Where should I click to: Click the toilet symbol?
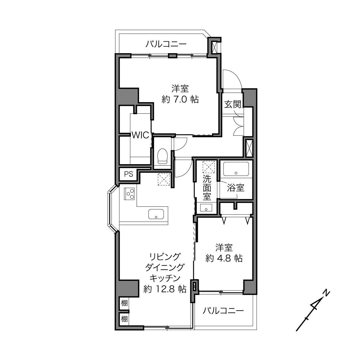(x=162, y=156)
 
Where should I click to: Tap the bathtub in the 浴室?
(x=236, y=169)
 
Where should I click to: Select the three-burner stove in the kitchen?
(x=129, y=194)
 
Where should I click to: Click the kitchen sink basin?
(x=156, y=214)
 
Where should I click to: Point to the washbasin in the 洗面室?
(x=206, y=207)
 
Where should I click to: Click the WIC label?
(x=141, y=135)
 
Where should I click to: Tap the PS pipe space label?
(x=129, y=174)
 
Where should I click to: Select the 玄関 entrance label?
(x=233, y=104)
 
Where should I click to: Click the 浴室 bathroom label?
(x=236, y=188)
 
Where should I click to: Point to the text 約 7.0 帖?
(x=180, y=99)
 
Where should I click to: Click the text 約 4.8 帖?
(x=224, y=258)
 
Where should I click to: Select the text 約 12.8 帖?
(x=165, y=289)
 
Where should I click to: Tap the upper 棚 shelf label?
(x=125, y=303)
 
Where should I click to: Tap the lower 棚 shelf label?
(x=125, y=319)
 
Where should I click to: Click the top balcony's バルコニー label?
(x=166, y=44)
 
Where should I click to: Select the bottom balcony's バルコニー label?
(x=223, y=311)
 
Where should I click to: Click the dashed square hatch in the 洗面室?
(x=209, y=167)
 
